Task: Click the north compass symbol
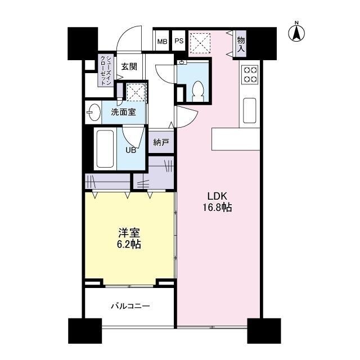[x=296, y=32]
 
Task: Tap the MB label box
[x=162, y=41]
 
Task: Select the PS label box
[x=178, y=41]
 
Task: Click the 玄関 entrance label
[x=129, y=66]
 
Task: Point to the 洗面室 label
[x=123, y=111]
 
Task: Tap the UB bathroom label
[x=130, y=150]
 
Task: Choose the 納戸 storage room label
[x=161, y=142]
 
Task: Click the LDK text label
[x=217, y=196]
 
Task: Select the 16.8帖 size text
[x=217, y=208]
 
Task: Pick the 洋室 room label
[x=129, y=233]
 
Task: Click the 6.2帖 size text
[x=129, y=245]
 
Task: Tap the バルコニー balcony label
[x=130, y=307]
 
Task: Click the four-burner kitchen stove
[x=250, y=75]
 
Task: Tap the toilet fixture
[x=197, y=91]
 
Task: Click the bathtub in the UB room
[x=105, y=147]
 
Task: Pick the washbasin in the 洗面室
[x=93, y=112]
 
